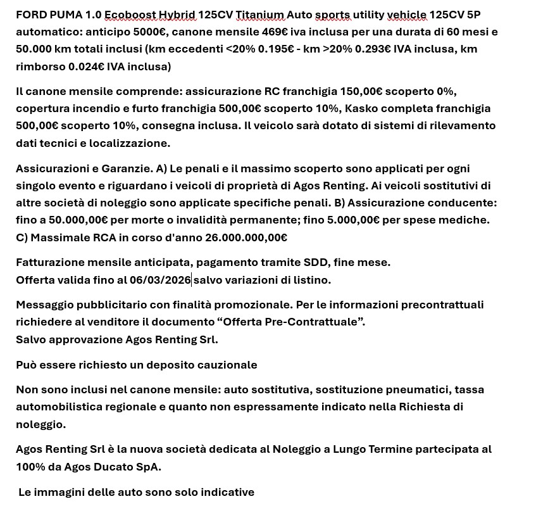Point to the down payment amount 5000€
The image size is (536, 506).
(x=146, y=32)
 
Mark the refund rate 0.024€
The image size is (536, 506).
(x=85, y=66)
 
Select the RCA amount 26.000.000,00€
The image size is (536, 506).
(x=246, y=237)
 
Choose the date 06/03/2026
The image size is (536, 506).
(x=159, y=280)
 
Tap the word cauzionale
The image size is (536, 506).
(x=226, y=365)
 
